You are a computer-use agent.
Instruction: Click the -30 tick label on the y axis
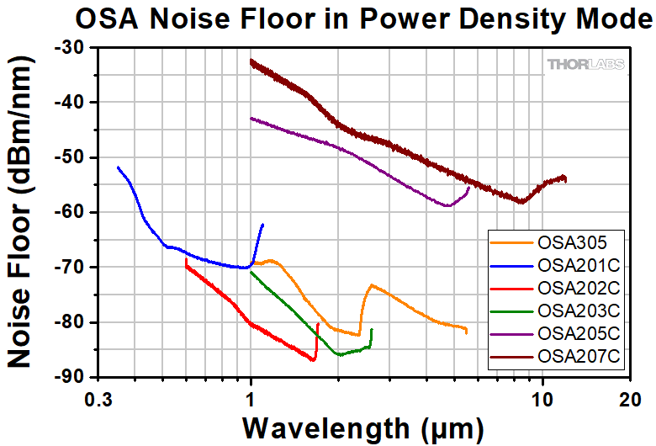(66, 48)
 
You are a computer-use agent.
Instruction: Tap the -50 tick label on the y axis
(66, 157)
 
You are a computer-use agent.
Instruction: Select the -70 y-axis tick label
(66, 268)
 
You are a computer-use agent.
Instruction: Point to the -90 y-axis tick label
(66, 377)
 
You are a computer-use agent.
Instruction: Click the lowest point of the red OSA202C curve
(314, 360)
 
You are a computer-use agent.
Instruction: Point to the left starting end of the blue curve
(118, 167)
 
